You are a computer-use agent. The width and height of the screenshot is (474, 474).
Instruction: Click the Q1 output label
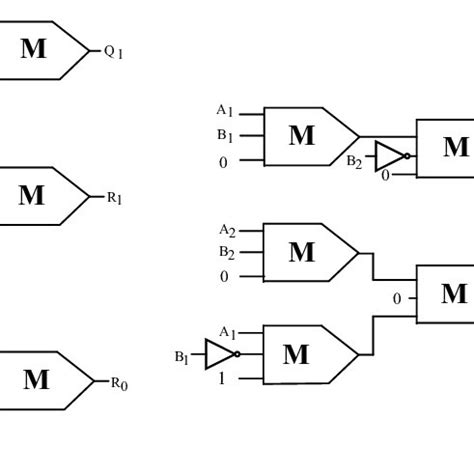tap(113, 52)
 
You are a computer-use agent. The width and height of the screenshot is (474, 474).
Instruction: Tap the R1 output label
tap(115, 198)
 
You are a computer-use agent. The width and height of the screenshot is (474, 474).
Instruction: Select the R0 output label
tap(118, 383)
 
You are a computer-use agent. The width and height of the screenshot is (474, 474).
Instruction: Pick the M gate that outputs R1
tap(40, 196)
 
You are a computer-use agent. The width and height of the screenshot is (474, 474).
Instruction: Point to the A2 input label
tap(227, 230)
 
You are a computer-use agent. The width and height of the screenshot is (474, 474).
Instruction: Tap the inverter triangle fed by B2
tap(389, 157)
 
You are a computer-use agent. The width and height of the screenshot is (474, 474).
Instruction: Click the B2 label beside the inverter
tap(354, 160)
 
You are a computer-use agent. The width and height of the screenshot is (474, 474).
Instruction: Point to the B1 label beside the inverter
tap(182, 356)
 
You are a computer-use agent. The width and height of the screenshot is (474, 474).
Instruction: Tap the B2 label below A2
tap(227, 253)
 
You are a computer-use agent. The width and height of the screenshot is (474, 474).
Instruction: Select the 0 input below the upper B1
tap(224, 162)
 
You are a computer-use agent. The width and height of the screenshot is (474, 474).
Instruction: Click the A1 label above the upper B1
tap(225, 110)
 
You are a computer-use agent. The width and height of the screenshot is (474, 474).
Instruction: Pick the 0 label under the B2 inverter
tap(385, 175)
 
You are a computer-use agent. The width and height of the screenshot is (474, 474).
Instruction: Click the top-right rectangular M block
tap(446, 148)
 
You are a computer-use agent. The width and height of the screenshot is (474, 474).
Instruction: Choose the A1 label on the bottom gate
tap(227, 332)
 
